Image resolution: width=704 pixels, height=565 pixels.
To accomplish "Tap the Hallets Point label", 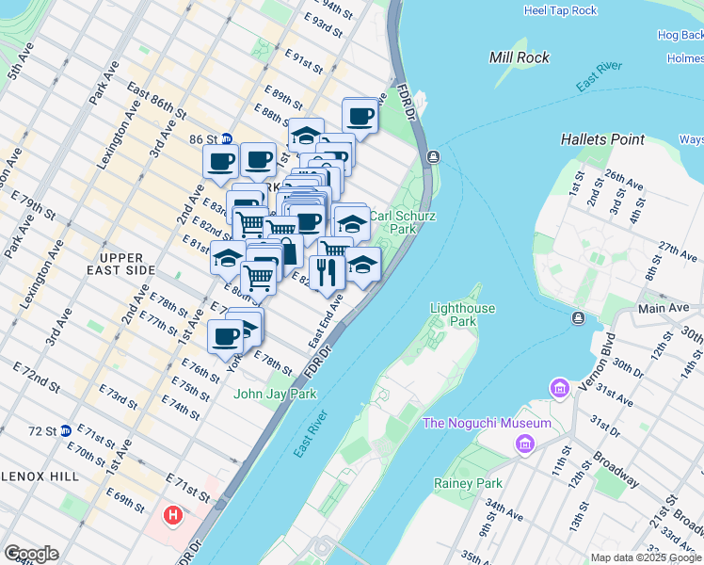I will [x=602, y=139].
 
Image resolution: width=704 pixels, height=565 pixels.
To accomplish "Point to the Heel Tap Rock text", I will [x=561, y=10].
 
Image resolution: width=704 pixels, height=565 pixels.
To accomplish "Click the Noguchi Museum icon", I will [x=525, y=444].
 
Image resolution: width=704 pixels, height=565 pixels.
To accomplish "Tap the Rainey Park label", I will [x=468, y=483].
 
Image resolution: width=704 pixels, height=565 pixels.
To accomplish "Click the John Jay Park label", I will [x=275, y=394].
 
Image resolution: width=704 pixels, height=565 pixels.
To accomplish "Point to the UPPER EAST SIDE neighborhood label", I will [x=127, y=264].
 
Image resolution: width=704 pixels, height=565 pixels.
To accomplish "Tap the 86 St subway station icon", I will [x=226, y=138].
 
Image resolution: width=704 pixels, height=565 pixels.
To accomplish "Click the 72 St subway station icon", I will [x=65, y=430].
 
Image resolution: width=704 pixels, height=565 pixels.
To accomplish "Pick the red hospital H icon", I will [x=172, y=515].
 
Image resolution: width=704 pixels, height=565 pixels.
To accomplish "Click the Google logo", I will [x=31, y=554].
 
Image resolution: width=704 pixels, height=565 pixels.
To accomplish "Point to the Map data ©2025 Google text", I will [x=646, y=557].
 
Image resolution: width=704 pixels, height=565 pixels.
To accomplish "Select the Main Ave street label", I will [x=664, y=307].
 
